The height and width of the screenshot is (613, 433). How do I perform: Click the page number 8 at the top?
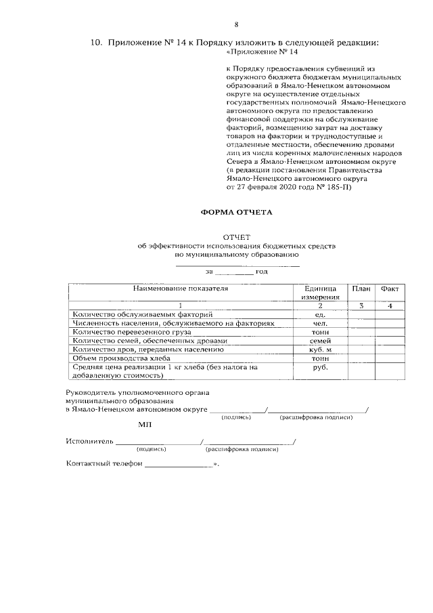[236, 25]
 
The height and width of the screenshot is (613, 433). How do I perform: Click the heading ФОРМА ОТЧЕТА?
[236, 212]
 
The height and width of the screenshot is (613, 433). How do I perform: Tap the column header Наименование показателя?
[181, 289]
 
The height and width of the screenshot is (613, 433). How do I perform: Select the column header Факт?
[390, 289]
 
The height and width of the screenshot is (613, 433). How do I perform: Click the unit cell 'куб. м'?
[320, 350]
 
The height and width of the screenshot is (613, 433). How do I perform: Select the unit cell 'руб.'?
[320, 367]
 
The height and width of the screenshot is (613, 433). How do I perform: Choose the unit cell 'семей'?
[320, 341]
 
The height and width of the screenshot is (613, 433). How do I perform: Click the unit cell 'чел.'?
[320, 324]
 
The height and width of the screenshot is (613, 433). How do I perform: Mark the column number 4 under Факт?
[390, 306]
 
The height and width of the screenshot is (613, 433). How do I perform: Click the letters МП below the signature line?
[145, 425]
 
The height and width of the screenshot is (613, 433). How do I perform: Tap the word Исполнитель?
[89, 442]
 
